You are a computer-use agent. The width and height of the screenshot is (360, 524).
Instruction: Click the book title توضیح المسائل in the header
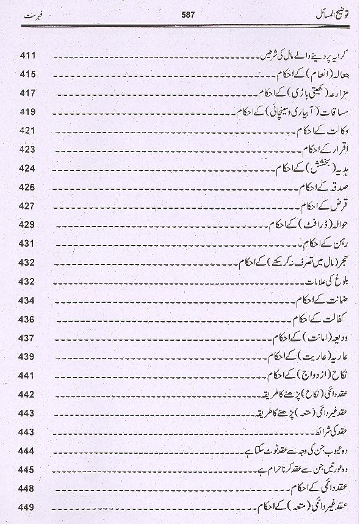(x=319, y=12)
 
